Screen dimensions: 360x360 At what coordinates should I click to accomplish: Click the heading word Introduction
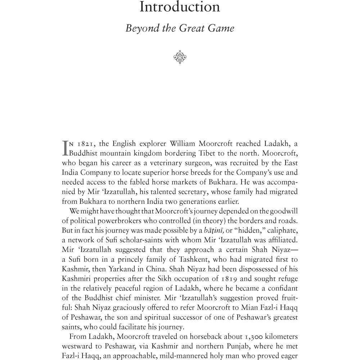pyautogui.click(x=180, y=7)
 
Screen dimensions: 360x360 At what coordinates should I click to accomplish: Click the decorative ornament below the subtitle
pyautogui.click(x=179, y=57)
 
